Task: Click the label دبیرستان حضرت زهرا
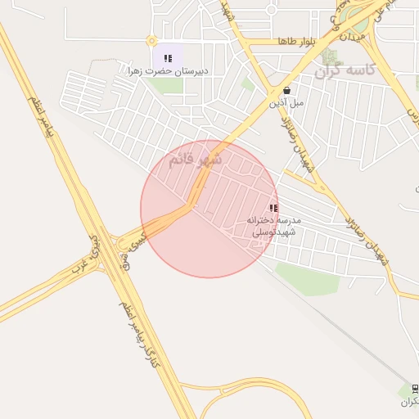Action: click(167, 71)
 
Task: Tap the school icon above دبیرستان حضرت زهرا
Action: click(168, 58)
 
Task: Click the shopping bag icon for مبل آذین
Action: click(286, 91)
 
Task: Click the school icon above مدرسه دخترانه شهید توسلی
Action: click(273, 208)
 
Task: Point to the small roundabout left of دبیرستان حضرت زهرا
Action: click(151, 40)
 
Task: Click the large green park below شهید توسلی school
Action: click(306, 278)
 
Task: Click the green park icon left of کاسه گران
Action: click(329, 56)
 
